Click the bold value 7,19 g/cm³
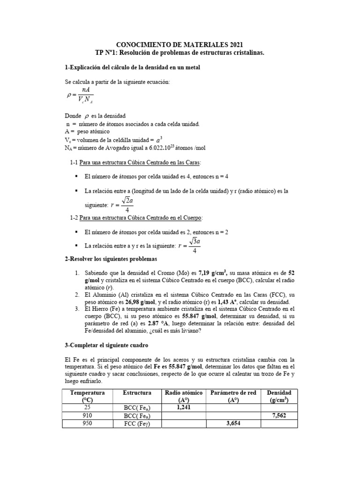[x=213, y=272]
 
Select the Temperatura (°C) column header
[x=88, y=396]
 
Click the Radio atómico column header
[x=183, y=396]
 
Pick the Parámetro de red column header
[x=233, y=396]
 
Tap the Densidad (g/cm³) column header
[x=279, y=396]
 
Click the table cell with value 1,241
[x=183, y=408]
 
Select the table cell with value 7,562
[x=279, y=415]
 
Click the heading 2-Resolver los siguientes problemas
[x=111, y=259]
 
